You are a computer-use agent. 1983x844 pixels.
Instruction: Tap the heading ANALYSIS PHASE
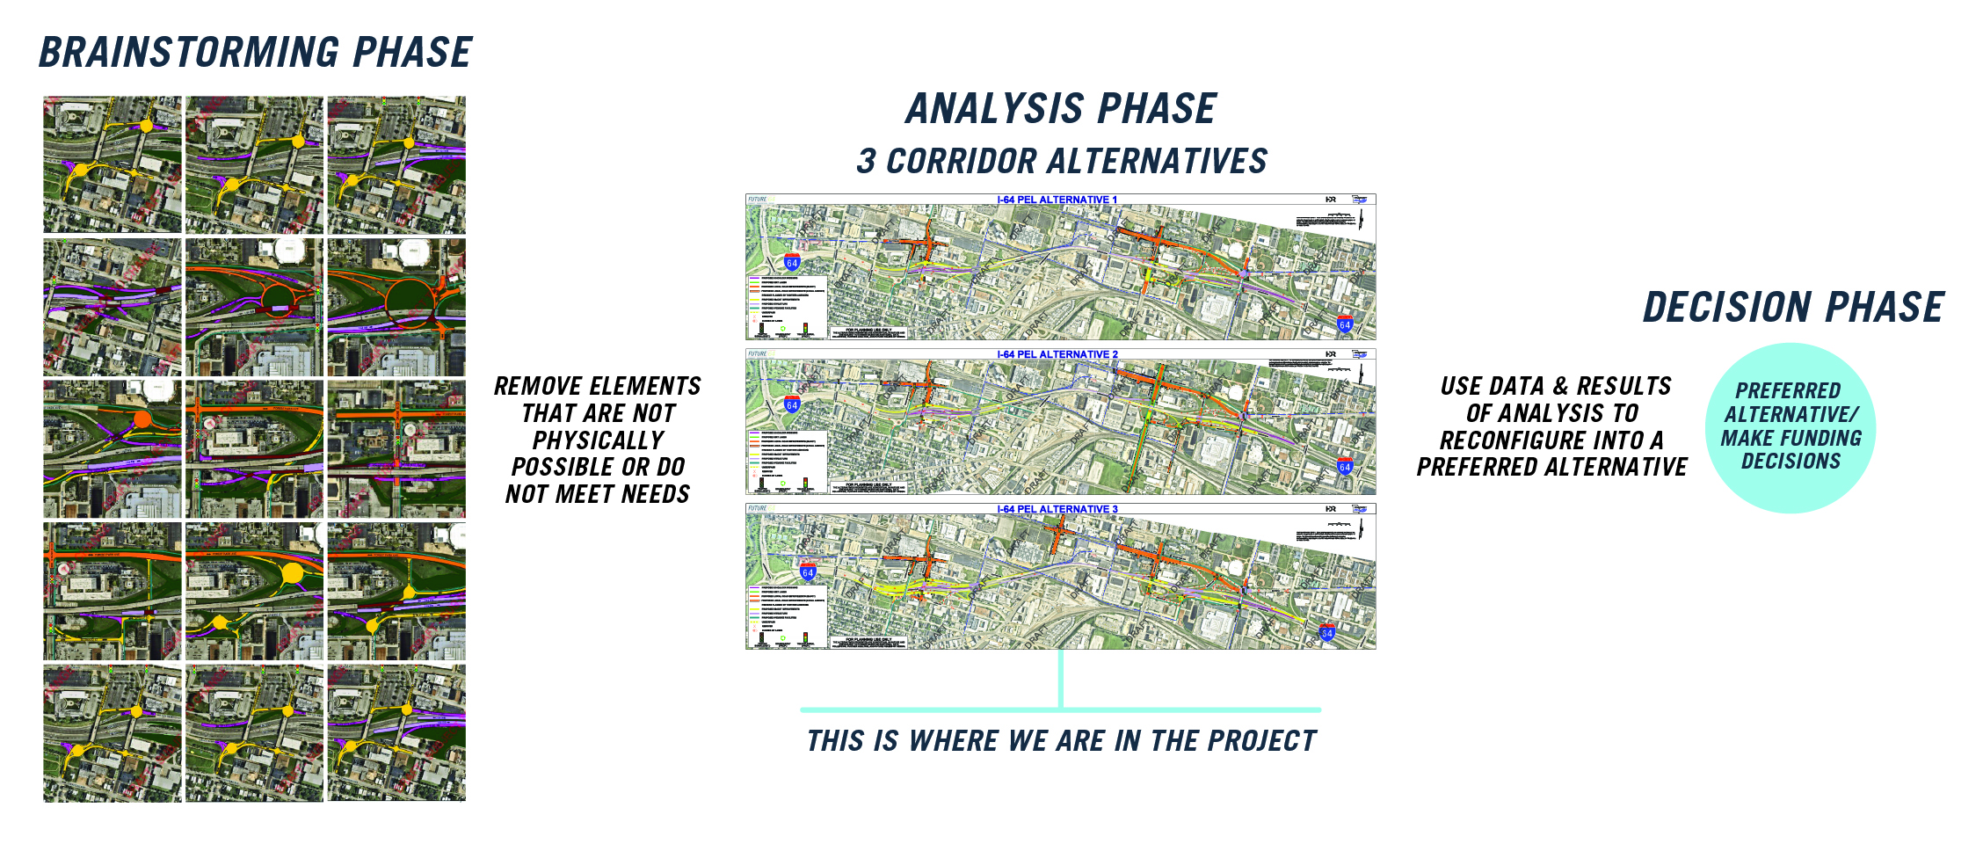(1061, 110)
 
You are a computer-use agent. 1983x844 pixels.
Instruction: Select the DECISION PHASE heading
(1793, 308)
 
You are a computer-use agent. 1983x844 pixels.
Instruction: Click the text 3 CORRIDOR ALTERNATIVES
(1061, 162)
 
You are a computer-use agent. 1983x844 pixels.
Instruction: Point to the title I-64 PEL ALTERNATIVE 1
(1057, 200)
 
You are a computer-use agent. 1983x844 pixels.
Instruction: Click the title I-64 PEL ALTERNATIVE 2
(1057, 354)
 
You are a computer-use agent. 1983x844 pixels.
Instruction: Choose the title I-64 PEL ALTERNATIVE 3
(1057, 509)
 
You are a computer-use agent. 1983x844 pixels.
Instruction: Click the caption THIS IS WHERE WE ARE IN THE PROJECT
(1061, 741)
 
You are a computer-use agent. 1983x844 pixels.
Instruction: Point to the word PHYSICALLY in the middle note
(598, 440)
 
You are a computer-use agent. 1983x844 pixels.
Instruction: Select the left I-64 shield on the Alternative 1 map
(792, 262)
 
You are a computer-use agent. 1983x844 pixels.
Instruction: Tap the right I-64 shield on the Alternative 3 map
(1327, 632)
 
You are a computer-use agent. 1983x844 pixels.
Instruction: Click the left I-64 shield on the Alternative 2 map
(792, 404)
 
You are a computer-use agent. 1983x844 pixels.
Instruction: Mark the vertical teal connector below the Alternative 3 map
(1061, 679)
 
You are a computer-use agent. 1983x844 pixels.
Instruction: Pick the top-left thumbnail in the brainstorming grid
(113, 164)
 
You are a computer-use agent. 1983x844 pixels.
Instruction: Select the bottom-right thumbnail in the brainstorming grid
(396, 732)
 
